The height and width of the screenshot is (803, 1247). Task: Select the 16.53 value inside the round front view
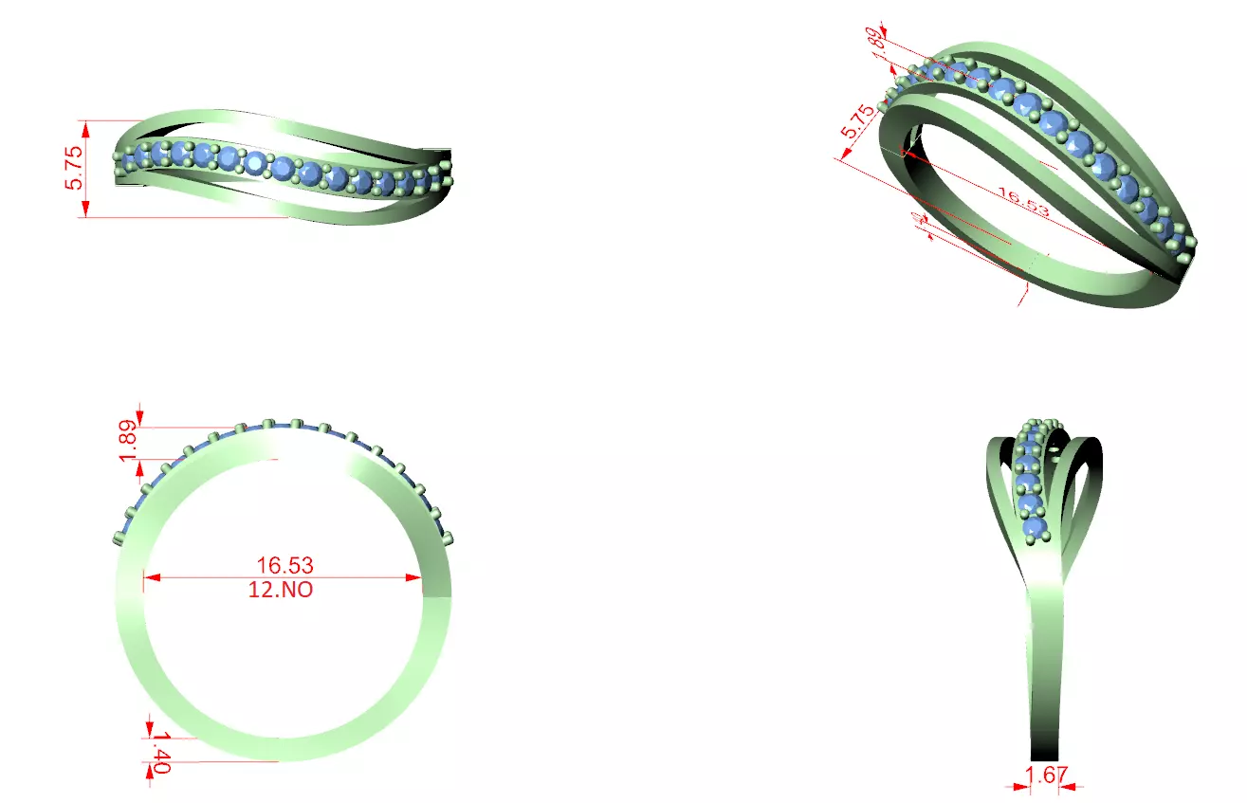284,565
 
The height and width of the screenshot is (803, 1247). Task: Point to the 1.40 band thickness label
160,753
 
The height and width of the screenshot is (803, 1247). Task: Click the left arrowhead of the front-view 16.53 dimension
150,576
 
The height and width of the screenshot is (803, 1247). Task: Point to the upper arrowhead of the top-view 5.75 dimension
86,126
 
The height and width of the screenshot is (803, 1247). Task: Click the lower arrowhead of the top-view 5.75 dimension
86,211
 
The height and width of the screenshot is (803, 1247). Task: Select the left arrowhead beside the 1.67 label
1019,784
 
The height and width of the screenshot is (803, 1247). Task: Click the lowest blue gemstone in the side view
1034,526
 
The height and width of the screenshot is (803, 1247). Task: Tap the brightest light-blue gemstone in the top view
255,163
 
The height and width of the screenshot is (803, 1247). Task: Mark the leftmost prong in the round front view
119,538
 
